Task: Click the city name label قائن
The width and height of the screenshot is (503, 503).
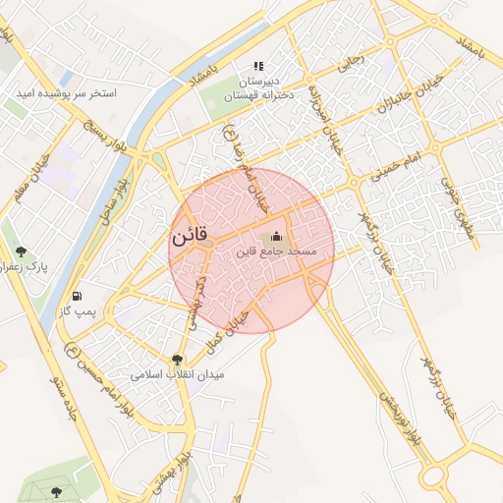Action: [x=192, y=238]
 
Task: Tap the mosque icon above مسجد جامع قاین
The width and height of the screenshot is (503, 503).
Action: [x=275, y=236]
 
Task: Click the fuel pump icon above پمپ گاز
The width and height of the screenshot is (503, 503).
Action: [x=77, y=296]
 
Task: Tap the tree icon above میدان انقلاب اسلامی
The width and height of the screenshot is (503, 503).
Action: [x=177, y=360]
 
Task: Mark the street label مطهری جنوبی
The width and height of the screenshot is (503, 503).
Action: [x=458, y=201]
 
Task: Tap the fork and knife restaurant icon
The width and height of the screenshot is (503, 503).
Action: [x=258, y=66]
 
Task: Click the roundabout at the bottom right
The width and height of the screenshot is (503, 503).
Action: [x=434, y=476]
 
